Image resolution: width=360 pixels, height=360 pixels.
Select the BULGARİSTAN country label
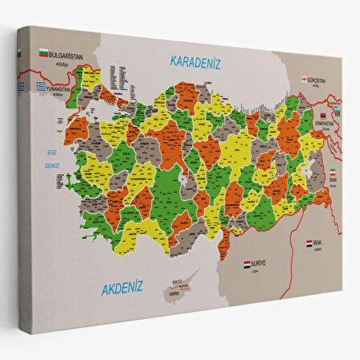(67, 55)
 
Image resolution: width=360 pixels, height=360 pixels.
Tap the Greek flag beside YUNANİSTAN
(41, 87)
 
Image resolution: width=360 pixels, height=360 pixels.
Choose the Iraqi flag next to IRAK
(309, 242)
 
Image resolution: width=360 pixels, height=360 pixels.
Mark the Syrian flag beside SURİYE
(247, 263)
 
